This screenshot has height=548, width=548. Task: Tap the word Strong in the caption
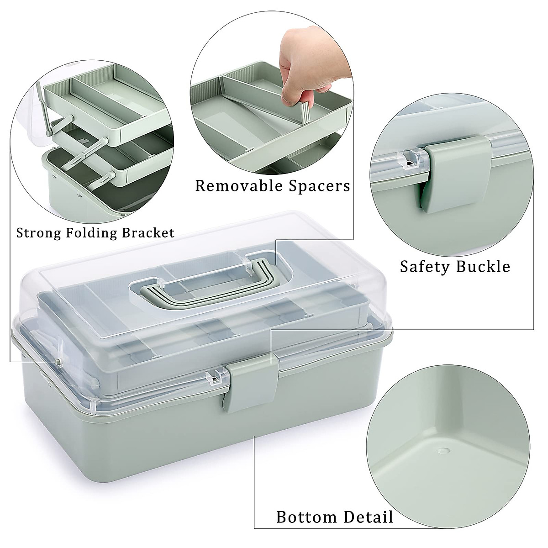[x=38, y=233]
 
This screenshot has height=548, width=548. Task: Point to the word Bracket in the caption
[x=148, y=233]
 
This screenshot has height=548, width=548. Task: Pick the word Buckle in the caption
[x=483, y=266]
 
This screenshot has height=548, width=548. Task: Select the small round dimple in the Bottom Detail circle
[x=442, y=451]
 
